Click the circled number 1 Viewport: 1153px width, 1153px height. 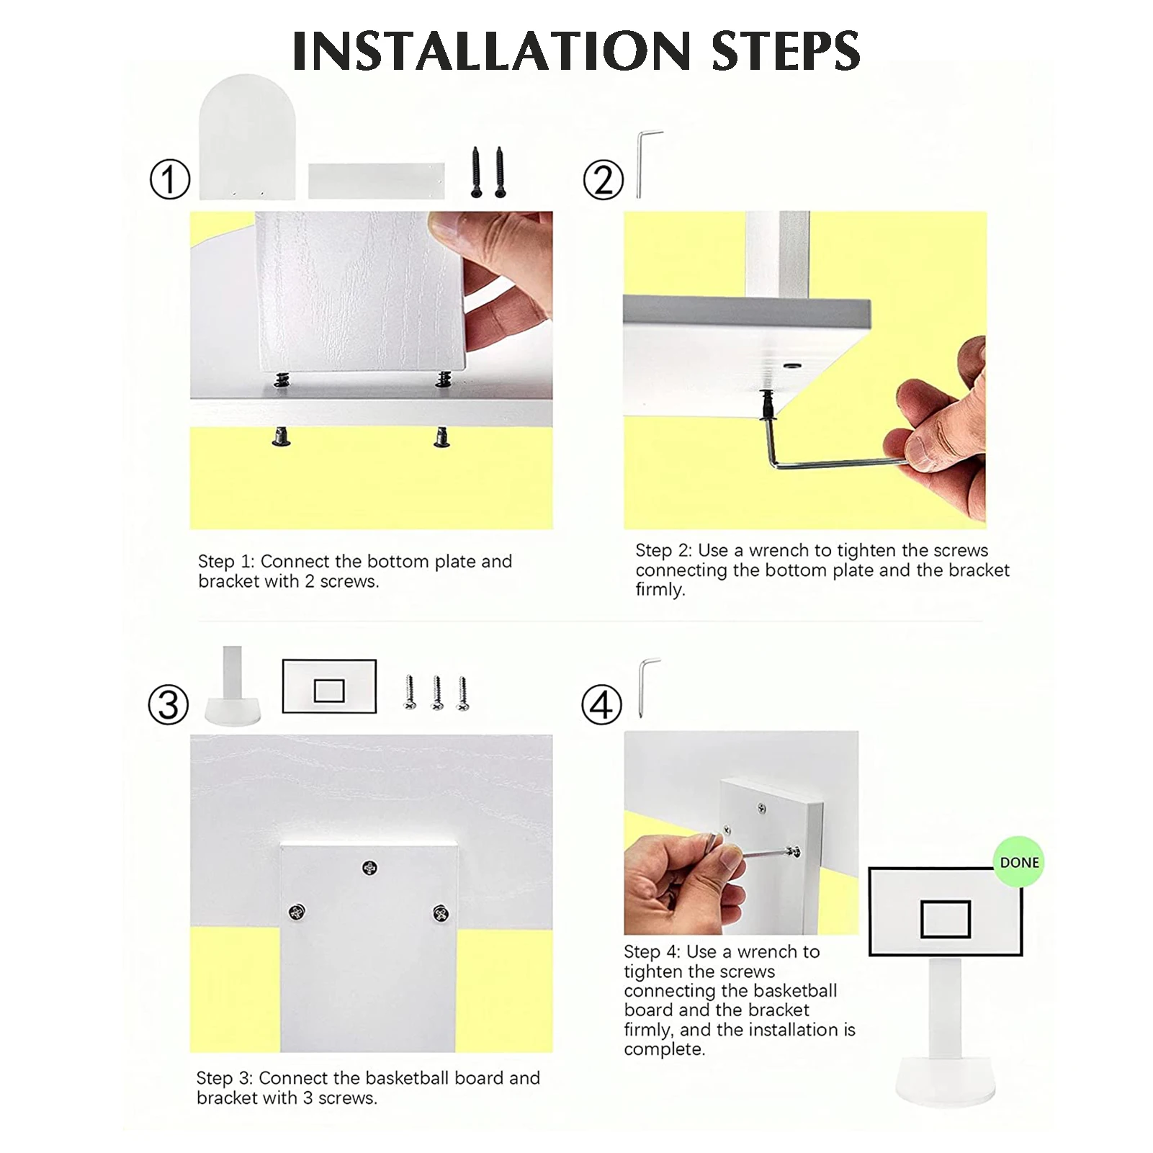tap(170, 179)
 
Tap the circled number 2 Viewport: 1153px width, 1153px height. tap(604, 179)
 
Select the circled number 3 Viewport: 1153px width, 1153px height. tap(169, 704)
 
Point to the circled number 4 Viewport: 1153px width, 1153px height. tap(601, 705)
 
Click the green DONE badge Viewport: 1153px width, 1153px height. tap(1019, 862)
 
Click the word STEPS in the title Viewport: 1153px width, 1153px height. tap(786, 50)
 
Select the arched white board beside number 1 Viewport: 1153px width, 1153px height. tap(248, 137)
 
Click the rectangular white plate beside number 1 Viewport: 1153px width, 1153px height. tap(377, 181)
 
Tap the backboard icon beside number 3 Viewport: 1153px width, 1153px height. tap(329, 686)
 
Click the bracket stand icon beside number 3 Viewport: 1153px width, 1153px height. tap(232, 686)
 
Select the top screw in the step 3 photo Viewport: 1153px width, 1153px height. tap(369, 868)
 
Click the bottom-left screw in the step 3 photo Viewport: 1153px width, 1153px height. tap(297, 912)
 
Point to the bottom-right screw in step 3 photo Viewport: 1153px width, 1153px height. tap(441, 914)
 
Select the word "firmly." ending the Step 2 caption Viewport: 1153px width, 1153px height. tap(660, 590)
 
